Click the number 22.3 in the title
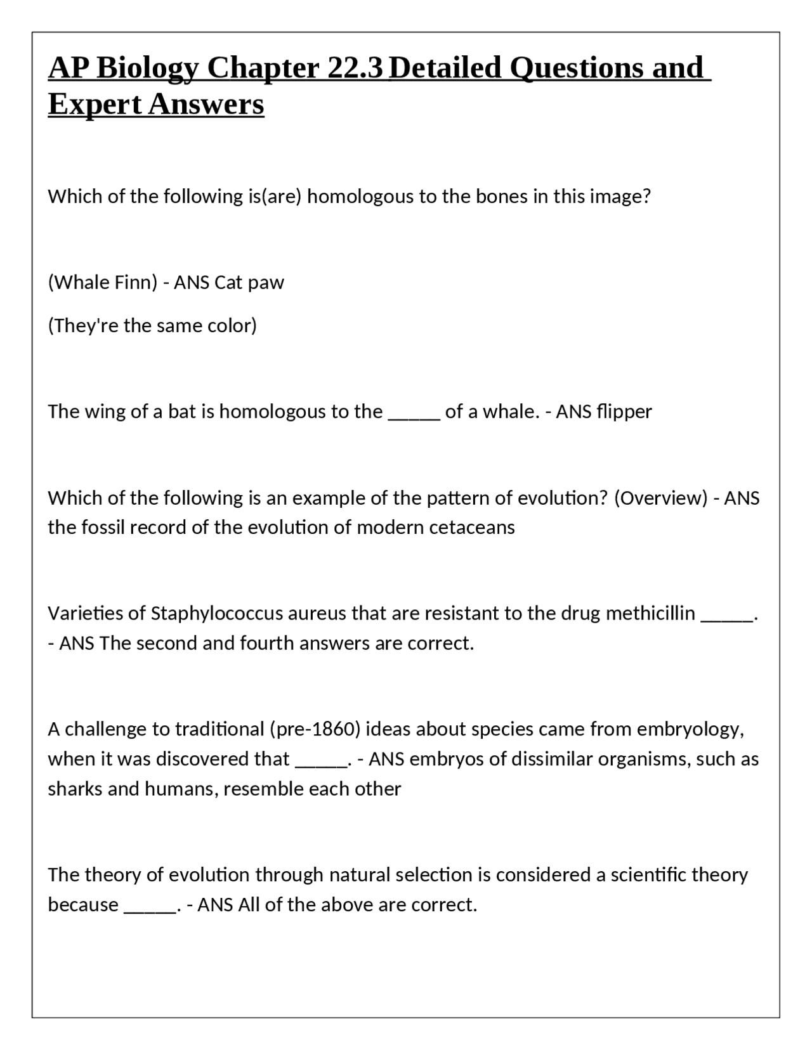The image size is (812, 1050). point(356,68)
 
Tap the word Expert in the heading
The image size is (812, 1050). point(95,105)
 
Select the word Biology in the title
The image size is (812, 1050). point(148,68)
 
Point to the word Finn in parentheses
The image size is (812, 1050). point(135,282)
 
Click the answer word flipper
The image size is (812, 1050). point(624,412)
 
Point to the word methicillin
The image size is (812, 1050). point(650,614)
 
